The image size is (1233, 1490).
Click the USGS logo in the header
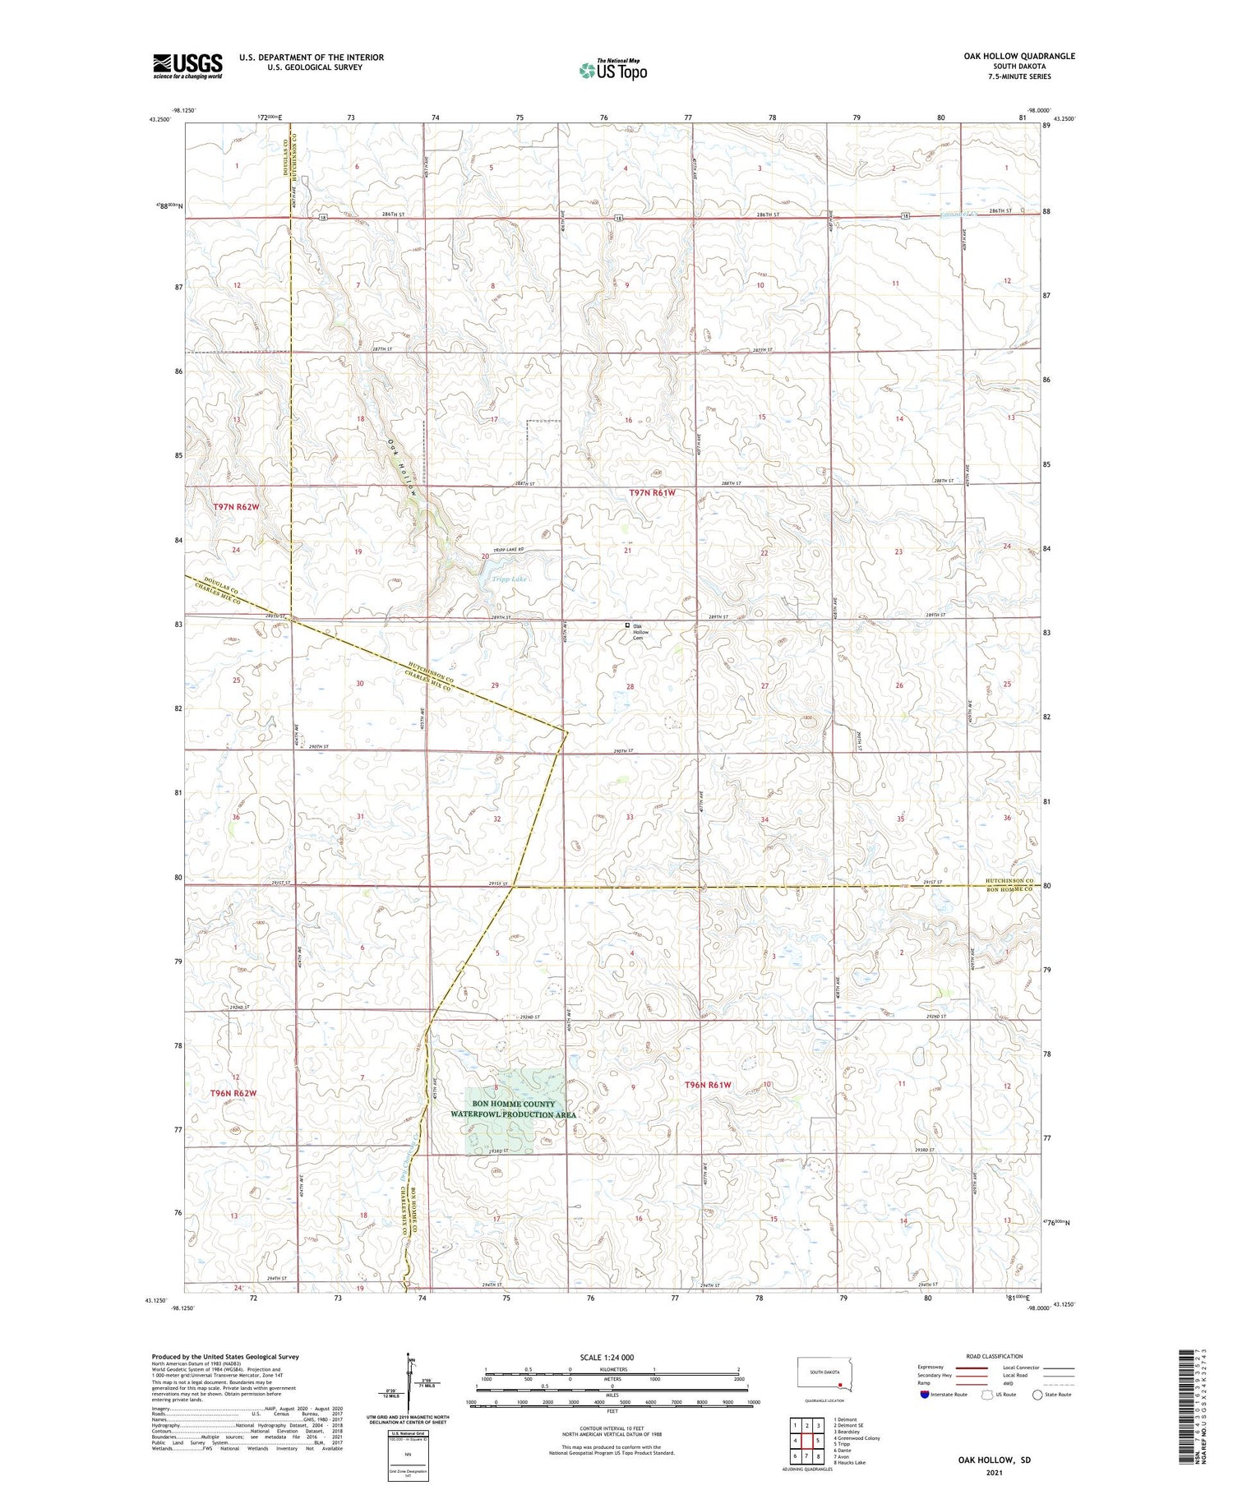(187, 66)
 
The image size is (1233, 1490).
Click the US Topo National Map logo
(612, 70)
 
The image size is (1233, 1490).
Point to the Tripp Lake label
(509, 579)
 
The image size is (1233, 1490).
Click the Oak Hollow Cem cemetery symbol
(627, 625)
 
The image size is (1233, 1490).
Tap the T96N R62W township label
(233, 1093)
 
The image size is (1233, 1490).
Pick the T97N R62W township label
(236, 507)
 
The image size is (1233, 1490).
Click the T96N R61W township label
(708, 1085)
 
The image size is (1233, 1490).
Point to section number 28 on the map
(630, 685)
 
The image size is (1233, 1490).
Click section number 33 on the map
(630, 817)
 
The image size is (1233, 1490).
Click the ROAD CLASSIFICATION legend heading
(995, 1356)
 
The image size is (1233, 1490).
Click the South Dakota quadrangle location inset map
(825, 1375)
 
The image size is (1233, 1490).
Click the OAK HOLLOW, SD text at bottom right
(994, 1460)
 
